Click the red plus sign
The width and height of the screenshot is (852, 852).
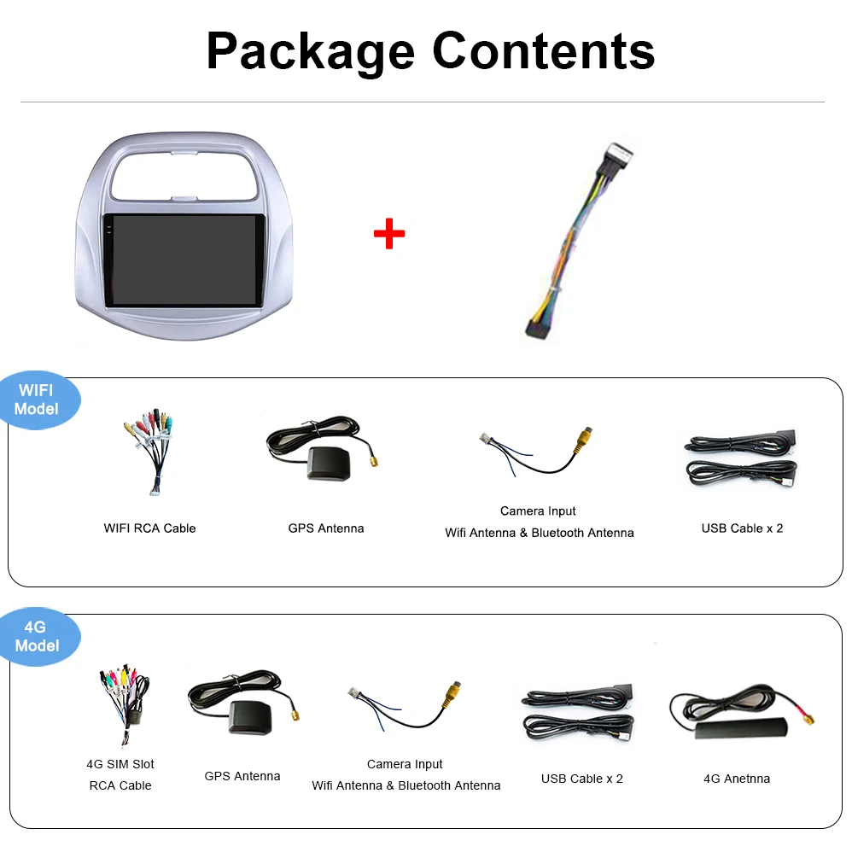click(389, 233)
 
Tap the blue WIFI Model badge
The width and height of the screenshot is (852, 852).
click(38, 400)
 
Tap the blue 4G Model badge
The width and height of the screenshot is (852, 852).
click(38, 637)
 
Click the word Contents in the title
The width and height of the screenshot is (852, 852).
click(544, 50)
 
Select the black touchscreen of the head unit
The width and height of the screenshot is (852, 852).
click(184, 260)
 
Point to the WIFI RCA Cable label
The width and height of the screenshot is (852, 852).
click(149, 528)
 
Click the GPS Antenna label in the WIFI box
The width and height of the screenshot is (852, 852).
click(326, 528)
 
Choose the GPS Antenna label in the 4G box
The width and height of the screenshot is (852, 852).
click(242, 776)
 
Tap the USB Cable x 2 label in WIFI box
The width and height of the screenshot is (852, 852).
click(742, 528)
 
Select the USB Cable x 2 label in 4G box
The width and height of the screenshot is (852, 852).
click(582, 779)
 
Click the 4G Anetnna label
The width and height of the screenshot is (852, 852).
click(737, 779)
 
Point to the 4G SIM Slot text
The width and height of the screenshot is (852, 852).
click(120, 764)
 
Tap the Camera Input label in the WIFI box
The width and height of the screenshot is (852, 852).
click(538, 511)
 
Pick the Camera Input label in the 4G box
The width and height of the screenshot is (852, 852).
click(405, 764)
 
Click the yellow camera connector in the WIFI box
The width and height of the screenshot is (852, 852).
click(584, 439)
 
